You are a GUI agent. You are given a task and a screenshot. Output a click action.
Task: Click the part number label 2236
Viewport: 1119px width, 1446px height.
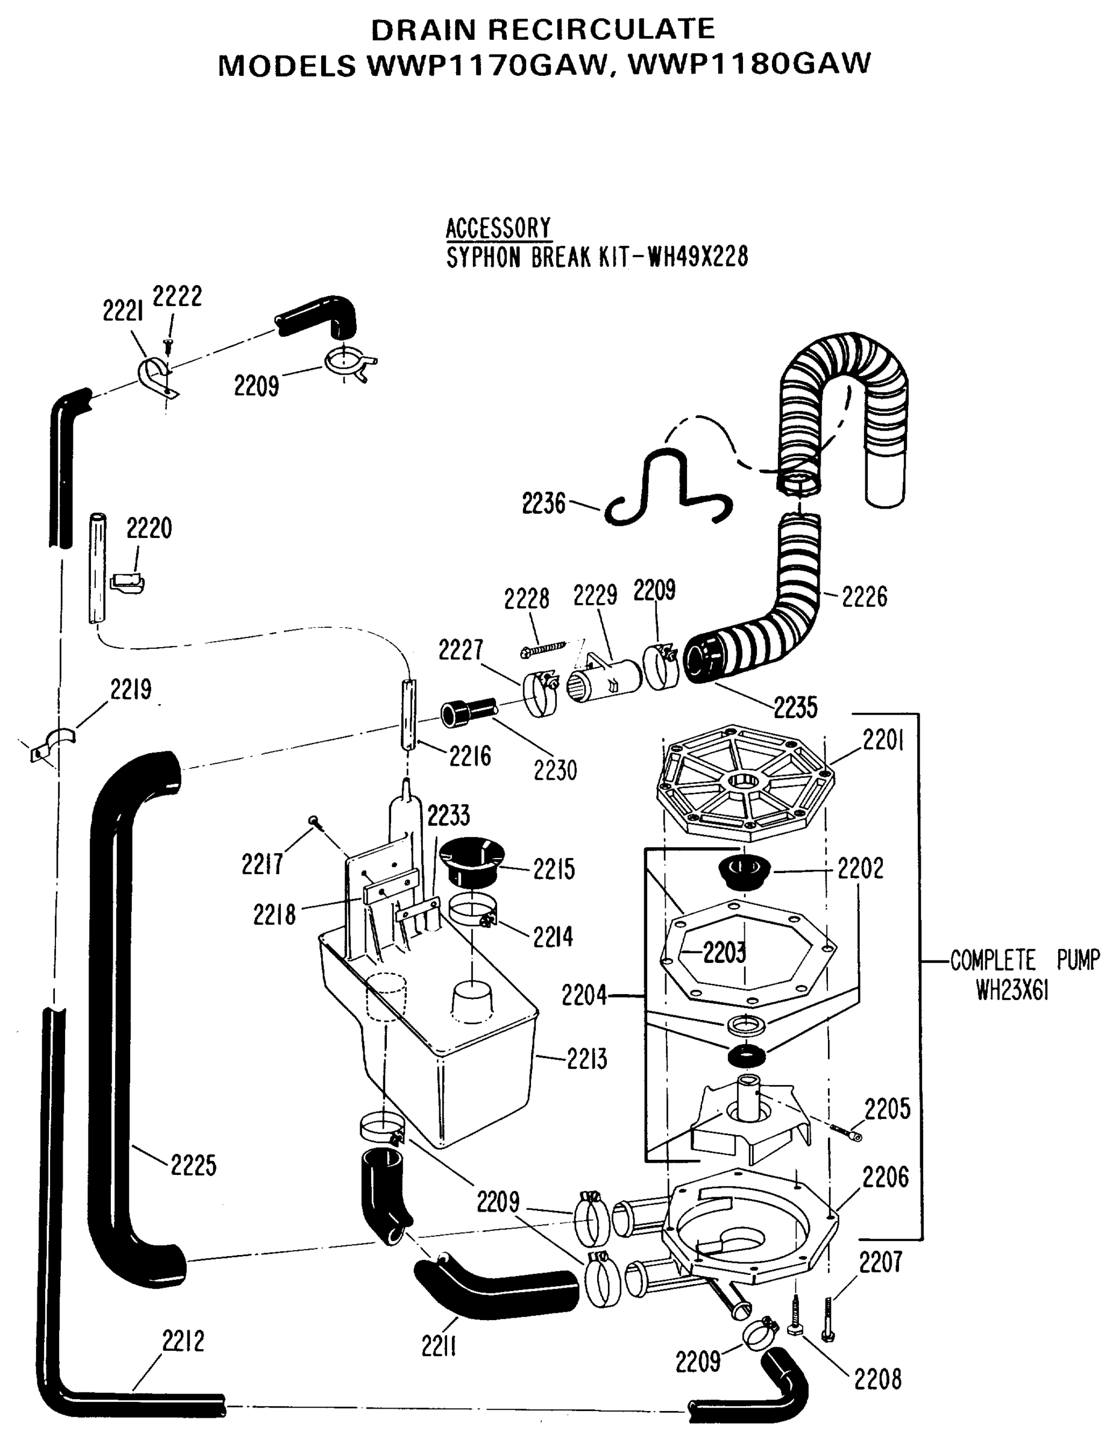pos(543,504)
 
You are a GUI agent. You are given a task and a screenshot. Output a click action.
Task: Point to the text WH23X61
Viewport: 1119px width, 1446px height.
pos(1012,991)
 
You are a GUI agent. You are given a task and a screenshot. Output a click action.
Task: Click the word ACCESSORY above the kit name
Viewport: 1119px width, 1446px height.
pos(498,228)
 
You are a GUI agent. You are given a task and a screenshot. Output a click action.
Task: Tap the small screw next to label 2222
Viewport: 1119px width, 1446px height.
pos(168,344)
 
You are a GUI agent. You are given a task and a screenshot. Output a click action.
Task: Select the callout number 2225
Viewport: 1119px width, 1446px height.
pos(193,1165)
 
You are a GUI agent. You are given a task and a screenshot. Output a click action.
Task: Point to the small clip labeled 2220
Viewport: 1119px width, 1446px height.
pos(127,582)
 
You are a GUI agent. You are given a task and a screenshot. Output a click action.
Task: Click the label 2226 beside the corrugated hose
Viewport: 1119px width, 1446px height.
pos(864,596)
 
